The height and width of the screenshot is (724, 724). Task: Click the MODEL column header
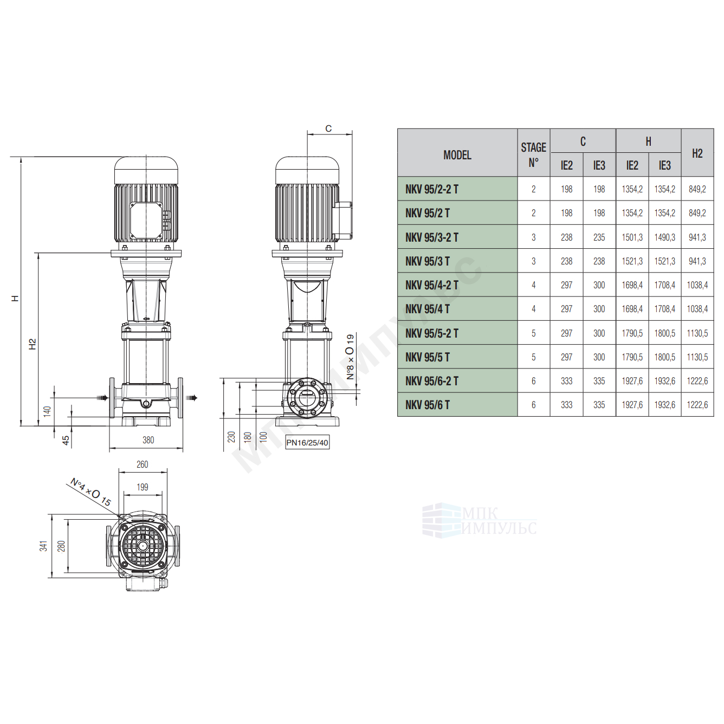pos(457,155)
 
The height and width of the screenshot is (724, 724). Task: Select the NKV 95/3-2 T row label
pos(432,237)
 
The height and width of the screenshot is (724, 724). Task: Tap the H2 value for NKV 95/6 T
pos(697,405)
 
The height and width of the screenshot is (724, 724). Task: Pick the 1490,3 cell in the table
pos(664,237)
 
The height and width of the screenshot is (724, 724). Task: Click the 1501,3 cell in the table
pos(632,237)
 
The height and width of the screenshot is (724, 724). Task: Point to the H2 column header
pos(697,153)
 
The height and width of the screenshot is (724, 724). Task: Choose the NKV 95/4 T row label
pos(427,309)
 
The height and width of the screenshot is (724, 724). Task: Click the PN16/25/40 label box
pos(307,443)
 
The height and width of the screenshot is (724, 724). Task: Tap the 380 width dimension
pos(148,440)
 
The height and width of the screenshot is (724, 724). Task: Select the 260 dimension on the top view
pos(142,464)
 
